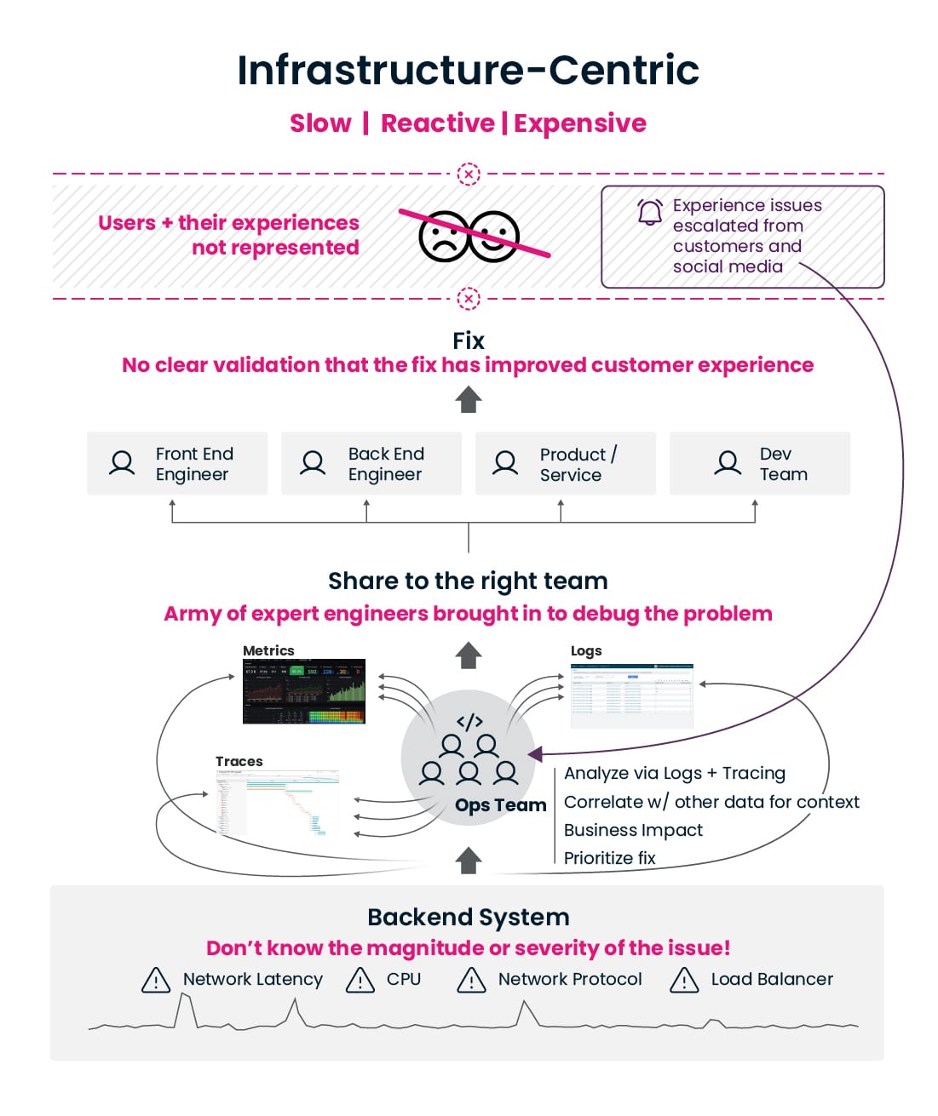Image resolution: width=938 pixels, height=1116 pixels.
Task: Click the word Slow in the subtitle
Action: coord(320,123)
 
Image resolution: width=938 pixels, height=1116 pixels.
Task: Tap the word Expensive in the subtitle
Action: coord(579,123)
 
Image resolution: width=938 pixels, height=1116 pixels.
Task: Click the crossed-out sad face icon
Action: coord(444,236)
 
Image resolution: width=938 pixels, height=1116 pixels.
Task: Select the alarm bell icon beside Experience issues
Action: coord(650,212)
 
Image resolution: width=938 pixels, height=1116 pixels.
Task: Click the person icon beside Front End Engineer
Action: coord(123,463)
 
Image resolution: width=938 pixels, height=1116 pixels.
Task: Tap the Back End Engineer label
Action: coord(385,464)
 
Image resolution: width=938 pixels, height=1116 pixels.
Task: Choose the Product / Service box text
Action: coord(578,465)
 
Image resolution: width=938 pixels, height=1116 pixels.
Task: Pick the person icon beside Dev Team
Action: coord(728,463)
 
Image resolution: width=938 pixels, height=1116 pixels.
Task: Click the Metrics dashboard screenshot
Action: coord(304,691)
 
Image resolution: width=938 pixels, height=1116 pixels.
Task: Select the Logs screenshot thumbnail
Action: coord(631,695)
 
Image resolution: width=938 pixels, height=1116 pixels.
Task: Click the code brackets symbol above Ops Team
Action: coord(469,722)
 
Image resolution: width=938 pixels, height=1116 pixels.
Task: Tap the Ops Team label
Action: coord(500,805)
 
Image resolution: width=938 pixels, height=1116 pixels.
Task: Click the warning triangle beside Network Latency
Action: coord(156,981)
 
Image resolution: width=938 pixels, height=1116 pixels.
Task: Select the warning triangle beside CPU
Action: coord(360,981)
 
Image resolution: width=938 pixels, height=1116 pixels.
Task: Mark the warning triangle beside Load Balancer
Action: coord(684,981)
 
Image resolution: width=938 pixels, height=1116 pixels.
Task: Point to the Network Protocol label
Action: coord(570,980)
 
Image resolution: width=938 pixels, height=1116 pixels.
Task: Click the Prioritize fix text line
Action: coord(610,858)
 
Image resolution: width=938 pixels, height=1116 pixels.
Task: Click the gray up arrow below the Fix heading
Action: coord(469,399)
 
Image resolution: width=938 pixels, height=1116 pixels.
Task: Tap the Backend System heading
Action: coord(469,917)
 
